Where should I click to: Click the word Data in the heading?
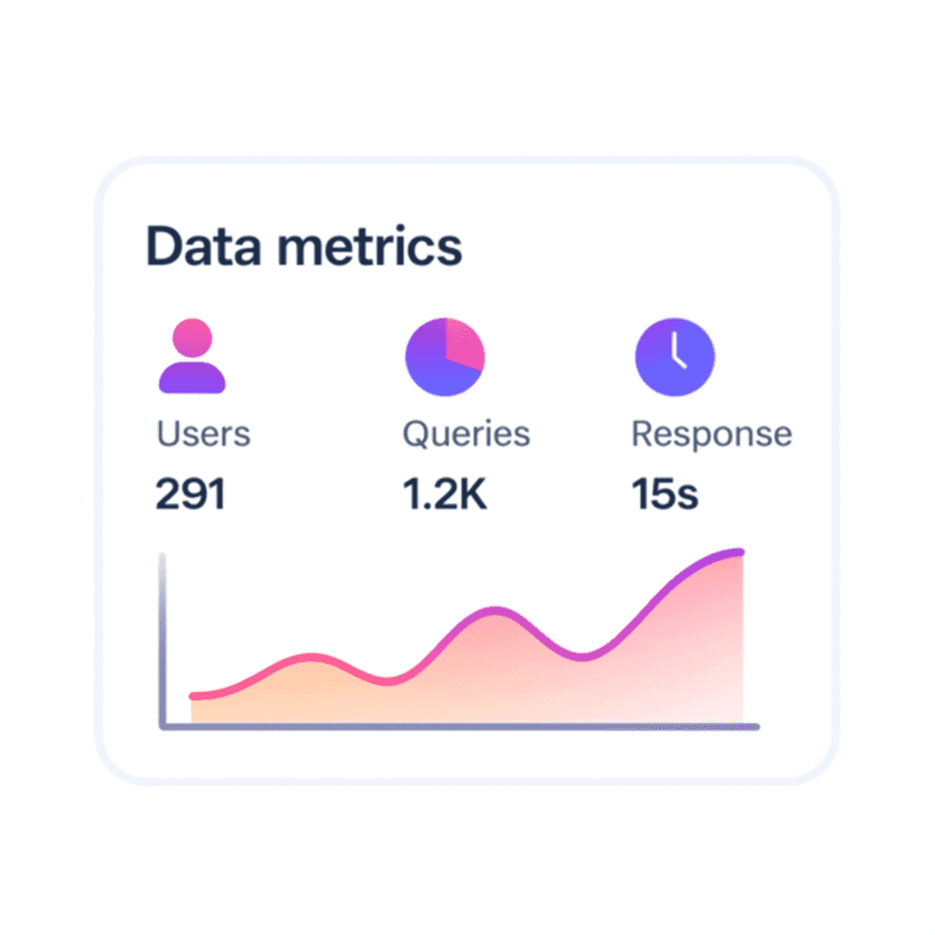[x=202, y=247]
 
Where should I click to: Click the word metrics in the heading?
[x=369, y=247]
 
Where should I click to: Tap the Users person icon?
[x=192, y=356]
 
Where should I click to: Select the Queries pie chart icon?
[x=445, y=356]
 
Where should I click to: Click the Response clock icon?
[x=675, y=356]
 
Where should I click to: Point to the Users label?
[x=203, y=434]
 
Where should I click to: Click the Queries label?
[x=466, y=434]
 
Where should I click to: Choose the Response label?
[x=711, y=434]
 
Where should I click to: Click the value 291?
[x=190, y=494]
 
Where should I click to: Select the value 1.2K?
[x=445, y=494]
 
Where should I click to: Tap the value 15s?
[x=665, y=494]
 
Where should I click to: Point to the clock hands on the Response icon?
[x=677, y=352]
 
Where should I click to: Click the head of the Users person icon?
[x=192, y=337]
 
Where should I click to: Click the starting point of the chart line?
[x=194, y=696]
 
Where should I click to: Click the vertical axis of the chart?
[x=163, y=639]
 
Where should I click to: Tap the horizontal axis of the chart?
[x=457, y=727]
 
